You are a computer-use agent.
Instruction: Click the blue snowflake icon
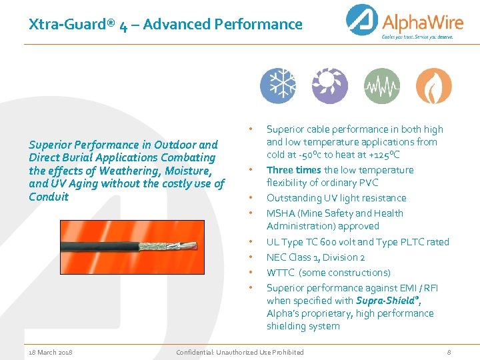point(277,86)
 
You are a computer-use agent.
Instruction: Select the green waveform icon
point(382,86)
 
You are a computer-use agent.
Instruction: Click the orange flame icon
point(434,86)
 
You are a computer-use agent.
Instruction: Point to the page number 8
point(449,352)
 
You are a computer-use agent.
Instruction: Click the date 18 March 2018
point(51,352)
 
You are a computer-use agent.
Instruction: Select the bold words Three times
point(294,170)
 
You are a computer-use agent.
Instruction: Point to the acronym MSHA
point(281,213)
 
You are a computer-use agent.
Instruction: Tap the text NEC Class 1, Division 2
point(315,257)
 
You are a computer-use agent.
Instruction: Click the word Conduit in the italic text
point(49,197)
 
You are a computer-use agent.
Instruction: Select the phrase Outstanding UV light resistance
point(336,198)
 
